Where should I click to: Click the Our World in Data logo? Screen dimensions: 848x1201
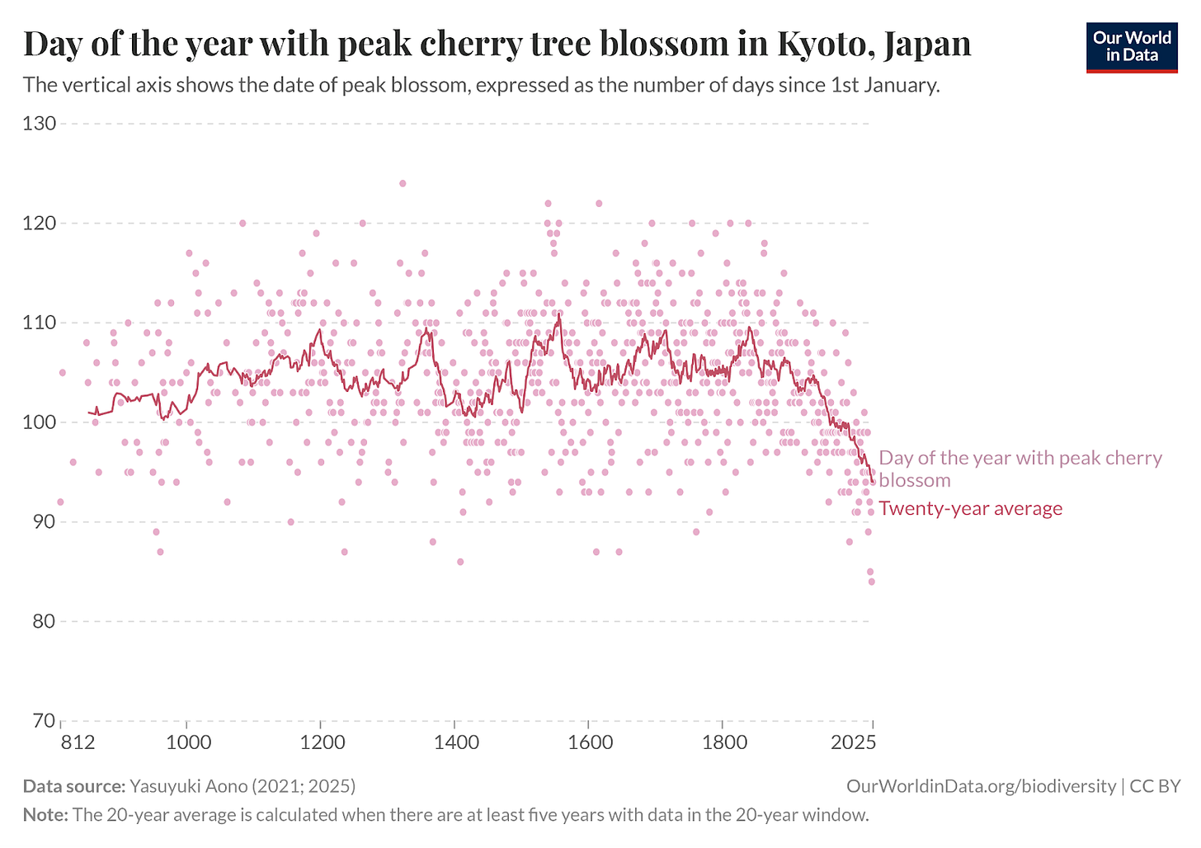pos(1131,46)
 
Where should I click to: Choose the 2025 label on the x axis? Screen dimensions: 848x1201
pos(855,742)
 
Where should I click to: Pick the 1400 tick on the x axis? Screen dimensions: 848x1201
pos(455,742)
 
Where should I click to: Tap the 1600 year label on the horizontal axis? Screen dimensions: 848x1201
pos(589,742)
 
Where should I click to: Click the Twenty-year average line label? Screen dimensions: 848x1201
pos(970,508)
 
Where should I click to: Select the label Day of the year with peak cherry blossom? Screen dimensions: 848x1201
pos(1020,469)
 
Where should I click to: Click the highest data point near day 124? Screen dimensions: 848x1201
pos(403,183)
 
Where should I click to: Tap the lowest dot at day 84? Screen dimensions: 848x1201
pos(871,582)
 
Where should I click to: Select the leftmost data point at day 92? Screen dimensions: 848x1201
pos(60,502)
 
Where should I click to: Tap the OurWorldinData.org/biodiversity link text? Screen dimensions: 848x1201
pos(981,786)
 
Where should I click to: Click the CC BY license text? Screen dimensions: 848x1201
pos(1155,786)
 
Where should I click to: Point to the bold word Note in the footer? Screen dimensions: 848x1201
pos(45,815)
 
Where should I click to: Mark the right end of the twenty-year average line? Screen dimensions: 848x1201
pos(873,483)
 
